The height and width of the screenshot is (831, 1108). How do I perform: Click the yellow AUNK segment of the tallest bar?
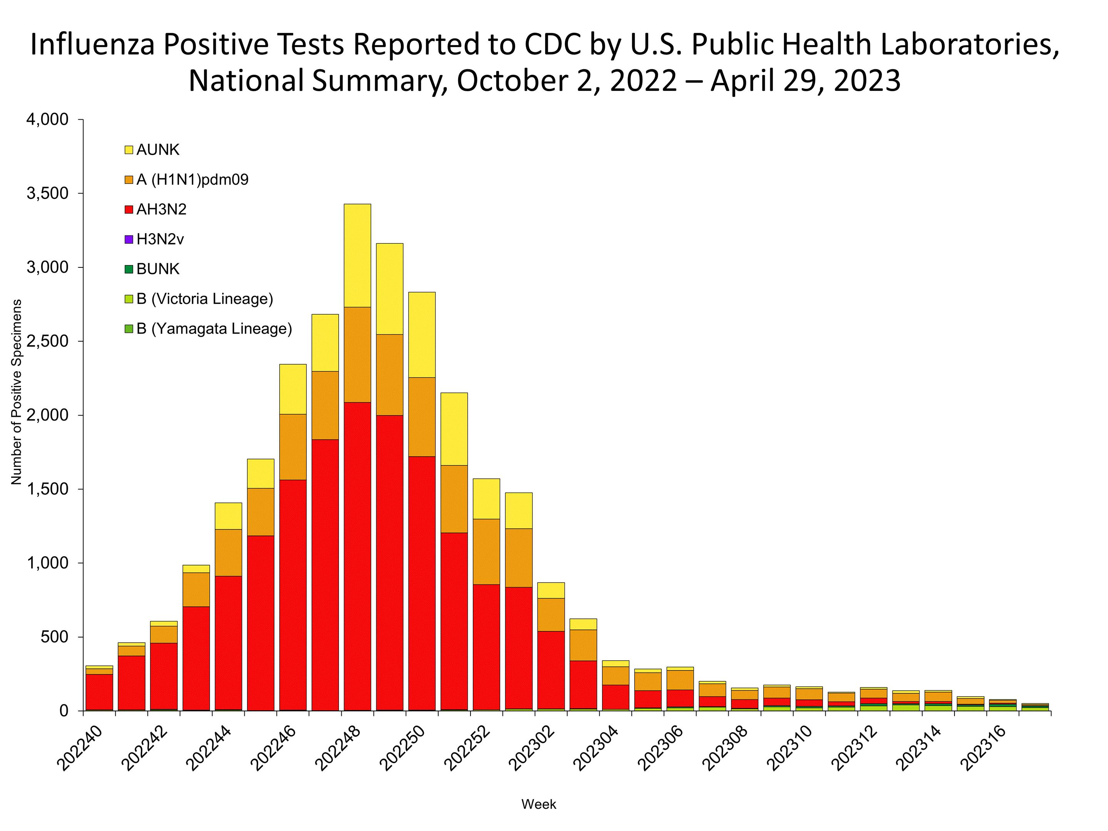[357, 255]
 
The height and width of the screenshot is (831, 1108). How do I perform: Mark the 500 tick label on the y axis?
[55, 637]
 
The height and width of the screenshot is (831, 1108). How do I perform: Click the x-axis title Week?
[539, 804]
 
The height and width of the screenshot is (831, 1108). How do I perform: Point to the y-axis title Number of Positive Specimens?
[17, 392]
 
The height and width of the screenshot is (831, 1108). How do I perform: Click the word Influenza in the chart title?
[93, 44]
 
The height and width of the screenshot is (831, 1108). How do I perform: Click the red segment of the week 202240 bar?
[99, 691]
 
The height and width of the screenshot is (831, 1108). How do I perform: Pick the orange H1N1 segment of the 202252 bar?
[486, 551]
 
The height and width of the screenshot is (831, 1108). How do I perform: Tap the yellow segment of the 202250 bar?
[422, 335]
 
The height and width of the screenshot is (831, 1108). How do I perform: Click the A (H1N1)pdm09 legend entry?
[192, 179]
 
